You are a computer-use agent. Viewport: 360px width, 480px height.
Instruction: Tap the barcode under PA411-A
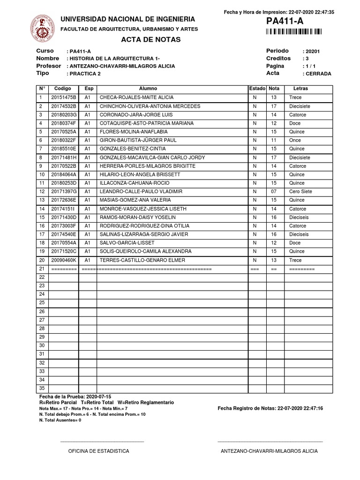click(x=294, y=32)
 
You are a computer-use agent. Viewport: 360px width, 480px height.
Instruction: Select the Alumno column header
click(x=148, y=89)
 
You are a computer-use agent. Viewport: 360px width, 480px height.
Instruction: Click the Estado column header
click(x=257, y=89)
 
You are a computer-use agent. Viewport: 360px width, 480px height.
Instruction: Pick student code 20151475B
click(x=64, y=97)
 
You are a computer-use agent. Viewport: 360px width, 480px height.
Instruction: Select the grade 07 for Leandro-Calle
click(x=274, y=192)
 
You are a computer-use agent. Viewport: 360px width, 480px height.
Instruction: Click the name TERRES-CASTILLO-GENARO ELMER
click(x=142, y=260)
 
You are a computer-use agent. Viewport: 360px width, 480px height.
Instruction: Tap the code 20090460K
click(x=64, y=260)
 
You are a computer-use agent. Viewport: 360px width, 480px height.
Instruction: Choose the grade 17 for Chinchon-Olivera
click(x=274, y=106)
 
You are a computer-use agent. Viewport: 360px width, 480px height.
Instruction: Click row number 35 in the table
click(x=42, y=389)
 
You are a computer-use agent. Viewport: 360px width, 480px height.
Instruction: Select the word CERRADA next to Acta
click(x=317, y=74)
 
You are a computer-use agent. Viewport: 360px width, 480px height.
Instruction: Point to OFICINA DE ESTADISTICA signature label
click(x=98, y=451)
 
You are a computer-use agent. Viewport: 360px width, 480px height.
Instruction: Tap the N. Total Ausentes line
click(x=60, y=420)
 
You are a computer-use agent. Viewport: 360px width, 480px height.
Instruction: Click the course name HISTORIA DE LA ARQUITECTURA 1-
click(x=114, y=59)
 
